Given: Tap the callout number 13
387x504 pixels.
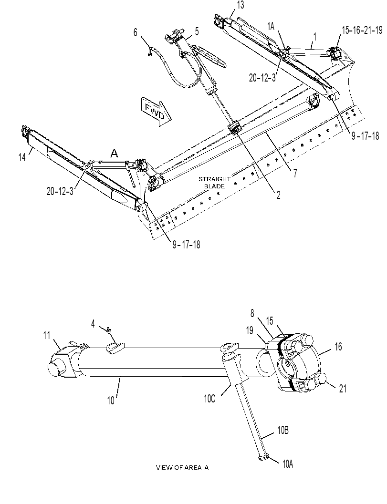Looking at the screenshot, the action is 240,5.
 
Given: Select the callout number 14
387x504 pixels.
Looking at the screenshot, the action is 22,158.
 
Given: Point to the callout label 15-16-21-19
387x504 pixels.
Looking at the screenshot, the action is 362,30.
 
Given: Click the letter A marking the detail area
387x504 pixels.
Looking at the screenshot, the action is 114,153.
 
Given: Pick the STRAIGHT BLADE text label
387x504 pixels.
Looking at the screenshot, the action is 214,183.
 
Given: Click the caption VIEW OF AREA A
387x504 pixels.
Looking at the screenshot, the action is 182,467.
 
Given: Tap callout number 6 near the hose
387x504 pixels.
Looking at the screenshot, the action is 135,32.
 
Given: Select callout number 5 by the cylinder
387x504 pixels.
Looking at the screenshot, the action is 197,31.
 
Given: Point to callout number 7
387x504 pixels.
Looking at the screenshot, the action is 295,174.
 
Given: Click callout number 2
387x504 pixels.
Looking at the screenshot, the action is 278,195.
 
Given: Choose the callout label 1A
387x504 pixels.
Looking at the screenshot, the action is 271,27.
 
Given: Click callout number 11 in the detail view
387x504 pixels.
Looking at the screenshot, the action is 47,335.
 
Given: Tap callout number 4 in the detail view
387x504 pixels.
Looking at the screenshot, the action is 93,324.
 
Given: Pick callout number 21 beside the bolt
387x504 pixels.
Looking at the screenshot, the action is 343,389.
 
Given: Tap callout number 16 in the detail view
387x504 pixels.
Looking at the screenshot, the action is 338,347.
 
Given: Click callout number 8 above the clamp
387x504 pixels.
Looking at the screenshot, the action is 252,313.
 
